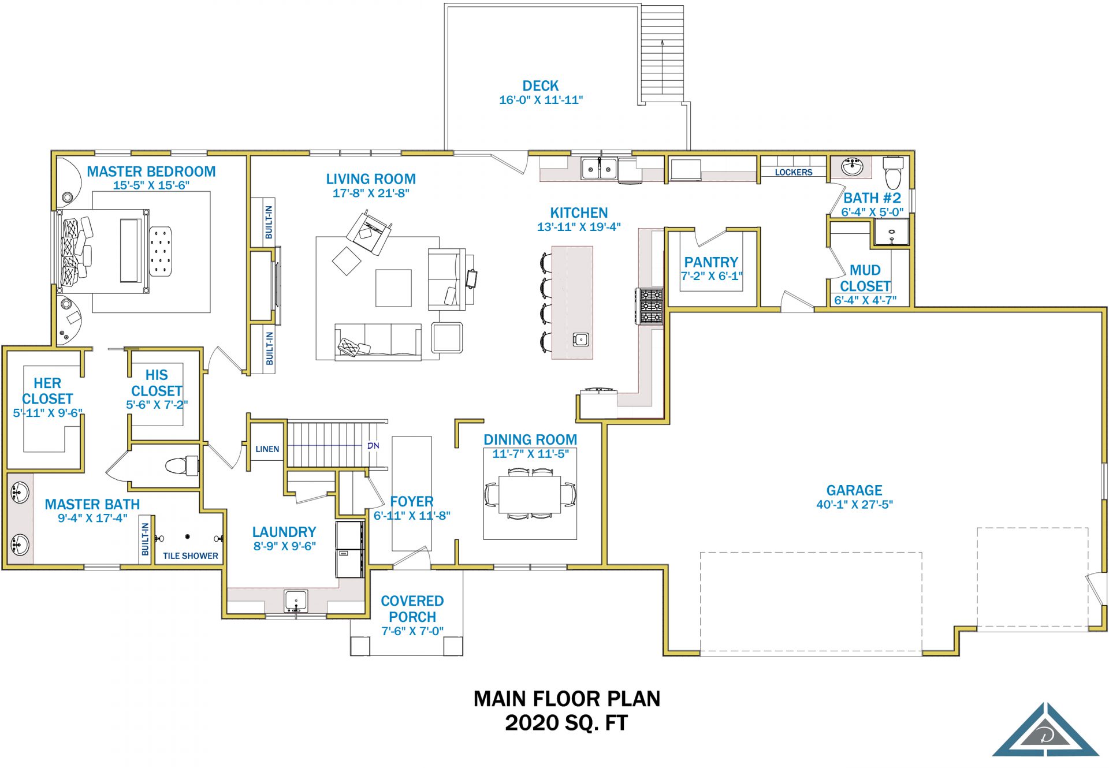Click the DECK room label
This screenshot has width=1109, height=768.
point(541,85)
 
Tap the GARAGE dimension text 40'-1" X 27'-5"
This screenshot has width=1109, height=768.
point(854,505)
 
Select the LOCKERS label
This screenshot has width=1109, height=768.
point(793,172)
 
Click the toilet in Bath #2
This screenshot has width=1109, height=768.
point(893,172)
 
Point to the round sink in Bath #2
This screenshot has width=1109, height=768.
point(853,166)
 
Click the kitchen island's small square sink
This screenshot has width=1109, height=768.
point(580,339)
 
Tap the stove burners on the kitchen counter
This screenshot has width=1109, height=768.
point(651,305)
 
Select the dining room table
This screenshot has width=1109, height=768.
point(530,494)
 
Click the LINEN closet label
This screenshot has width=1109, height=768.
point(267,449)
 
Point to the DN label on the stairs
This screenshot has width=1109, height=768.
point(373,445)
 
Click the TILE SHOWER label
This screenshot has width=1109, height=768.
point(191,556)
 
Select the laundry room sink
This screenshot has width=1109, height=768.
point(296,601)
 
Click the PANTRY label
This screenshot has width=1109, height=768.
point(711,262)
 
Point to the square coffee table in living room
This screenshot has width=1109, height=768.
point(393,288)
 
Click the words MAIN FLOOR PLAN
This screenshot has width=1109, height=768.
point(567,699)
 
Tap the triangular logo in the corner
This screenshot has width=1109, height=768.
point(1045,730)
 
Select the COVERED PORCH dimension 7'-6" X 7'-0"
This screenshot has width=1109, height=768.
point(412,631)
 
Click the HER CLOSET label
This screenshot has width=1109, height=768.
point(47,391)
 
